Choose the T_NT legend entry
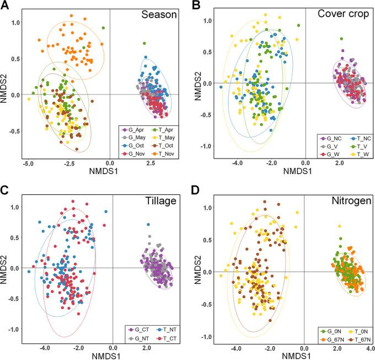[160, 329]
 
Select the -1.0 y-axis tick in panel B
[211, 146]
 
